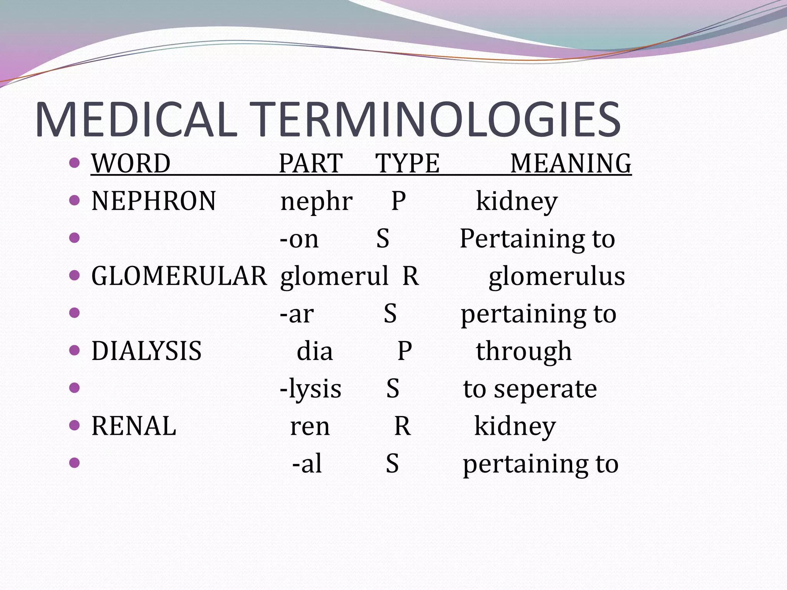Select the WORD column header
pyautogui.click(x=131, y=163)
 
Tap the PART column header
pyautogui.click(x=310, y=163)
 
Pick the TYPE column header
pyautogui.click(x=407, y=163)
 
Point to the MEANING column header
pyautogui.click(x=571, y=163)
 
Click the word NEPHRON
pyautogui.click(x=154, y=201)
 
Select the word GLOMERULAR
pyautogui.click(x=179, y=276)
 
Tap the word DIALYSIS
pyautogui.click(x=146, y=351)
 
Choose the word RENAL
pyautogui.click(x=134, y=426)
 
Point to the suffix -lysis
pyautogui.click(x=310, y=389)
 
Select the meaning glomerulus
pyautogui.click(x=556, y=277)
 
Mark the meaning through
pyautogui.click(x=524, y=351)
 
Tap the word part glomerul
pyautogui.click(x=334, y=277)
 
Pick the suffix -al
pyautogui.click(x=307, y=463)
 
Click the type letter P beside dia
pyautogui.click(x=404, y=351)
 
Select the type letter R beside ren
pyautogui.click(x=402, y=426)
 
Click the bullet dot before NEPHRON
pyautogui.click(x=74, y=200)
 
